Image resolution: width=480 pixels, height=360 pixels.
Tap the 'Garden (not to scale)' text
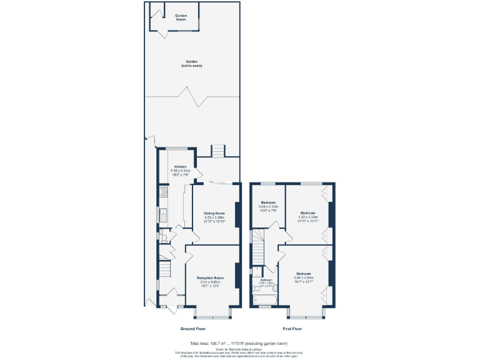point(192,63)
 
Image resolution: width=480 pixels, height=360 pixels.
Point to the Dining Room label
point(214,213)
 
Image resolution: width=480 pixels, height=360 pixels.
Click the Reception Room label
point(210,277)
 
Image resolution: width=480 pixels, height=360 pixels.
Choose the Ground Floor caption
point(192,328)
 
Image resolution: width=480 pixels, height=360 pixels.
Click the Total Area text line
point(239,343)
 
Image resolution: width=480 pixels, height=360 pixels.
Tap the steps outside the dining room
point(217,151)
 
